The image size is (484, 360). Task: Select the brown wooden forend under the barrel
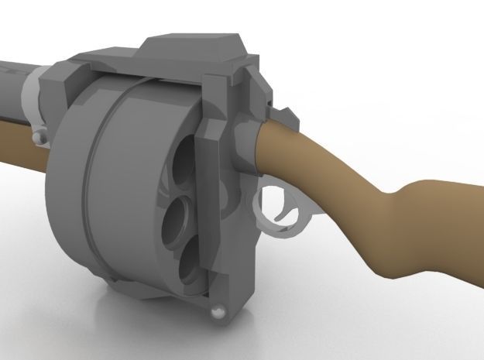(15, 143)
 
